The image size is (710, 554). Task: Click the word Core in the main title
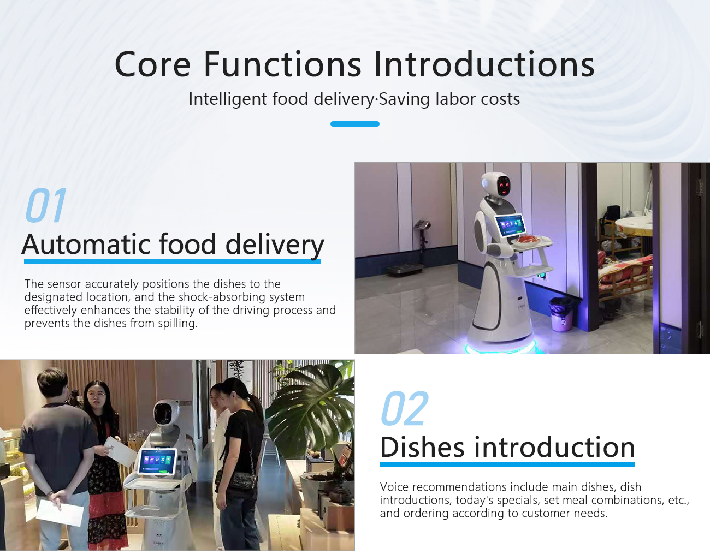point(152,64)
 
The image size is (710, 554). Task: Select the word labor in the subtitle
point(449,99)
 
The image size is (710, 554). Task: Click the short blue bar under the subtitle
point(355,124)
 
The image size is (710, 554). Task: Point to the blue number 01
point(46,205)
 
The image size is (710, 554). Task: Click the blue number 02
point(405,408)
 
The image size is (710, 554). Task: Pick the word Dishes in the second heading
point(422,447)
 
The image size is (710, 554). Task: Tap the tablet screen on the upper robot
point(510,225)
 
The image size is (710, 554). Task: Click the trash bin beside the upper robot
point(561,314)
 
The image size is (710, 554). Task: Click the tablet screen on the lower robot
point(157,461)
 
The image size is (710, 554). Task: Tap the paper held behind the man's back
point(60,513)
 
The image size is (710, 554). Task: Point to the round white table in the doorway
point(633,225)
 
